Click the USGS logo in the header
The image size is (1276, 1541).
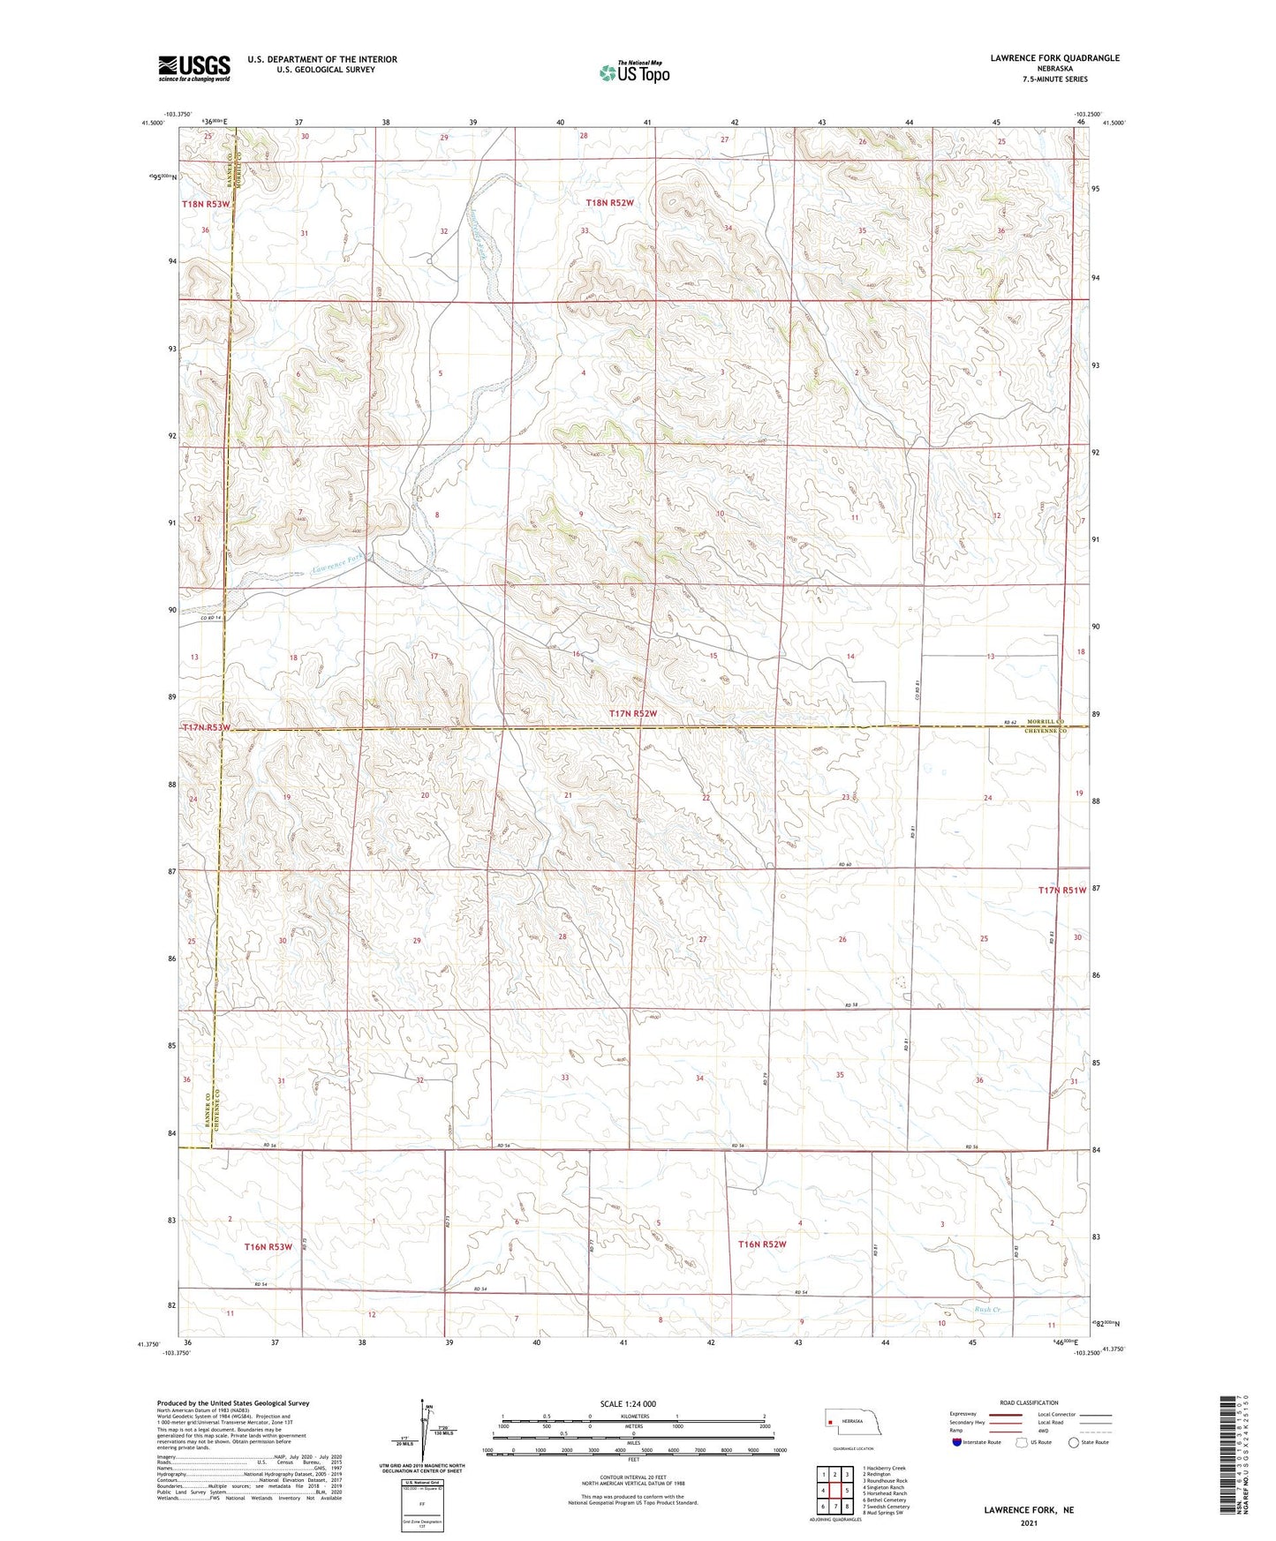click(x=193, y=68)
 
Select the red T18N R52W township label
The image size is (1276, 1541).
click(x=609, y=203)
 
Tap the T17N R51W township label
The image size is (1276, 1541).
click(x=1061, y=891)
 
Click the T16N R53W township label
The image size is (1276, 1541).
click(x=268, y=1247)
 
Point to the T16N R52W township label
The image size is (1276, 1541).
click(x=761, y=1244)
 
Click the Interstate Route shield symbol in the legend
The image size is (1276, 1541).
click(x=958, y=1442)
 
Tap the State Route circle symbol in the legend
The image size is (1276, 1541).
click(x=1073, y=1442)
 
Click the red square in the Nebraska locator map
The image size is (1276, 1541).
click(x=830, y=1422)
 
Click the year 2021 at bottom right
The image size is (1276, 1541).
click(x=1029, y=1523)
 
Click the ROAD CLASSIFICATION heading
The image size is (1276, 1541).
click(x=1029, y=1402)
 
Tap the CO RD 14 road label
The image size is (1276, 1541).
click(x=209, y=618)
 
